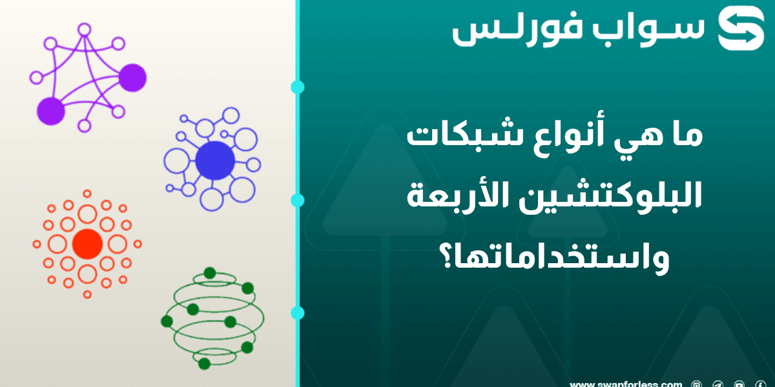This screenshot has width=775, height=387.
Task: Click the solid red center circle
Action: (87, 244)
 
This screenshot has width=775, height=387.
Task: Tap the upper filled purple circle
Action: (132, 77)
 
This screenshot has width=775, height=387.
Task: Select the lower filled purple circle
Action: (51, 112)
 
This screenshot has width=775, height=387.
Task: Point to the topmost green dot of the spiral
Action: (209, 272)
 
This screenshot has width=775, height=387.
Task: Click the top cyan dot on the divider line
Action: (298, 87)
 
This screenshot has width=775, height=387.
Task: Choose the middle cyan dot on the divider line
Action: (298, 200)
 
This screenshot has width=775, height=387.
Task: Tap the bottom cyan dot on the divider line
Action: (298, 313)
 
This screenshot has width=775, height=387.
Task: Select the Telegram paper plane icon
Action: (718, 384)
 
